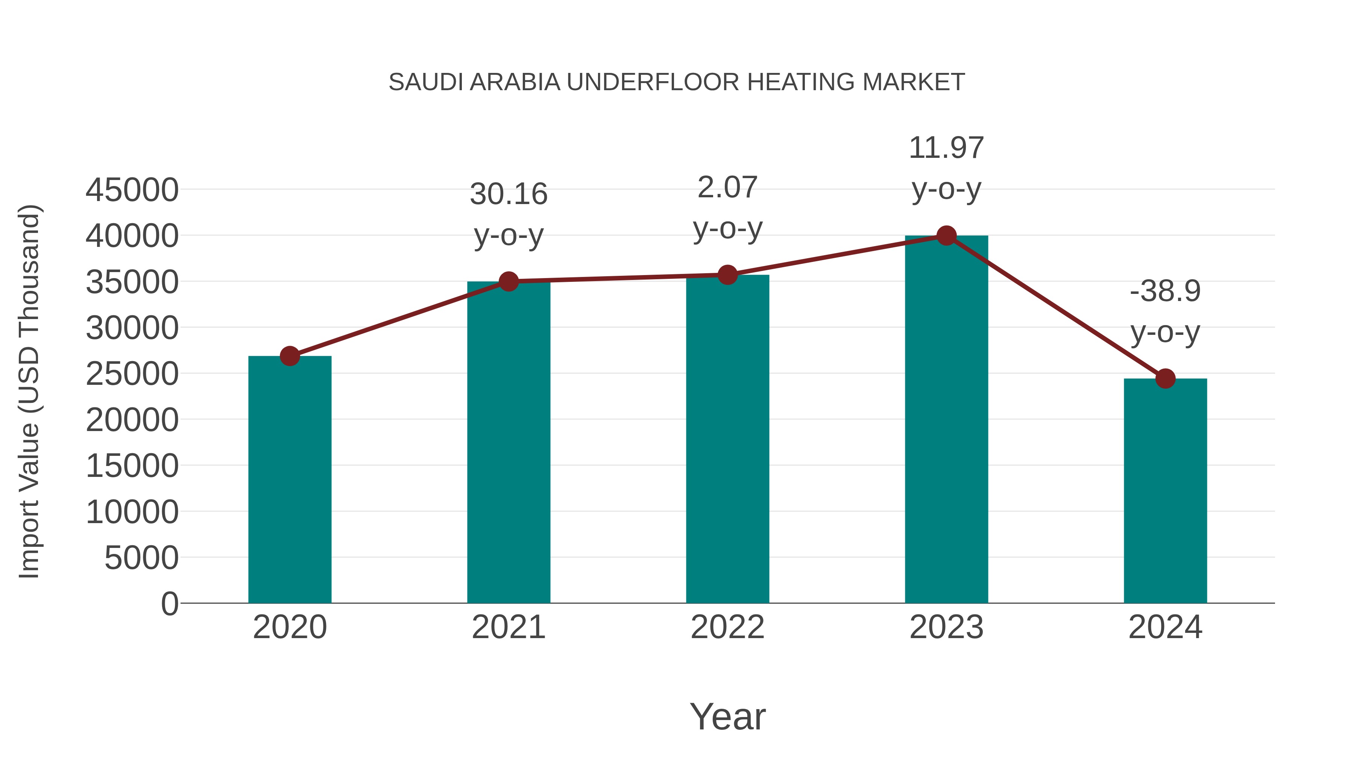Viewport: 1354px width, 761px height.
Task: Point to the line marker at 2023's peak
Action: tap(946, 236)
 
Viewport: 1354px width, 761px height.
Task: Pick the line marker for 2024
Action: tap(1165, 378)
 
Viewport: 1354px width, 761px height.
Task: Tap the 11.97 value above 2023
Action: tap(946, 148)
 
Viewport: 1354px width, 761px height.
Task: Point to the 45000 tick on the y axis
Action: tap(132, 190)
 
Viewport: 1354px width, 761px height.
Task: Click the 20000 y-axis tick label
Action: tap(132, 420)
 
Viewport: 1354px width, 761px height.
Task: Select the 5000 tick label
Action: tap(141, 558)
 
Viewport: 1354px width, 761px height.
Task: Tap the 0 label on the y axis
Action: tap(170, 604)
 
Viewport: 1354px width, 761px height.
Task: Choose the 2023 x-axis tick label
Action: tap(946, 628)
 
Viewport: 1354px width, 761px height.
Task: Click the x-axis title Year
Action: tap(727, 717)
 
